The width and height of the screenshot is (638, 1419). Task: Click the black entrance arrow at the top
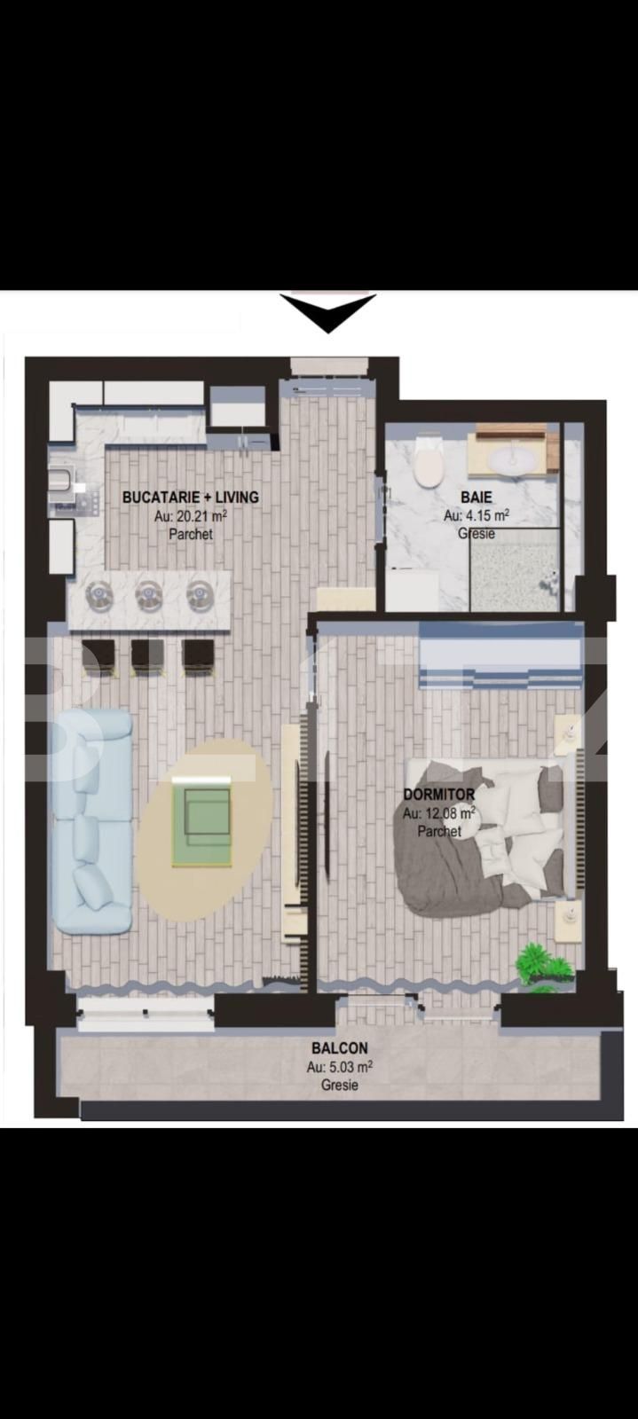(328, 312)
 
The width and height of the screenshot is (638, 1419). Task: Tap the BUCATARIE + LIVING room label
(190, 498)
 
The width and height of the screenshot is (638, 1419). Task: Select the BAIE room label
(476, 498)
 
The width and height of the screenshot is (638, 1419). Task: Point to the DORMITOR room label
(438, 795)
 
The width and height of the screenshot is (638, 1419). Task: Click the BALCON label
(339, 1047)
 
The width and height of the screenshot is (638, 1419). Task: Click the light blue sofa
(91, 820)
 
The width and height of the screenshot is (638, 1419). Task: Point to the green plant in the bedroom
(540, 965)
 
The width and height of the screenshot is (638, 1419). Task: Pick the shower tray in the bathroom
(514, 568)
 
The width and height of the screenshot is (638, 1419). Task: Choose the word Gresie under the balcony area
(340, 1085)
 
